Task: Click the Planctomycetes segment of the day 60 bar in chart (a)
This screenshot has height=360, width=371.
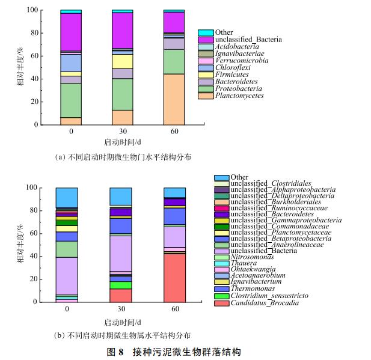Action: pyautogui.click(x=174, y=99)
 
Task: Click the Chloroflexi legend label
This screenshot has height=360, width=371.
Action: pyautogui.click(x=232, y=67)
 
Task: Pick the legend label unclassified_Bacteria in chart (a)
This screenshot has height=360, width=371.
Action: pyautogui.click(x=248, y=40)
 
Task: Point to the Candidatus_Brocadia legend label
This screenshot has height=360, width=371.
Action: pyautogui.click(x=265, y=302)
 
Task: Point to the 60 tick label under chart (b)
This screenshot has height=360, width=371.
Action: pyautogui.click(x=174, y=309)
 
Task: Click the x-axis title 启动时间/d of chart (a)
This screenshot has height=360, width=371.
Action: pyautogui.click(x=122, y=142)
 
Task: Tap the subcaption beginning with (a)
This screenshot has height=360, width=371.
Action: pyautogui.click(x=122, y=156)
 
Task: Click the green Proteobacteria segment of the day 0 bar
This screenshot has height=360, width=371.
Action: pyautogui.click(x=70, y=100)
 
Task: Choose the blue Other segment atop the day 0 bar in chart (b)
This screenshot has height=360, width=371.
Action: pyautogui.click(x=67, y=197)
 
